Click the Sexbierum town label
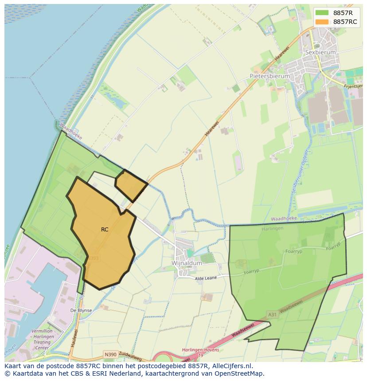(320, 52)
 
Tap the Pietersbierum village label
(269, 76)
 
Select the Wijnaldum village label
(187, 263)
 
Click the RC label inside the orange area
(105, 229)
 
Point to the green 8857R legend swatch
(323, 13)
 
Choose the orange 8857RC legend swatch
(323, 22)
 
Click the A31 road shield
(273, 315)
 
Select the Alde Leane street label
(206, 278)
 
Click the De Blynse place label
(81, 311)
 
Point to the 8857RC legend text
(346, 22)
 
